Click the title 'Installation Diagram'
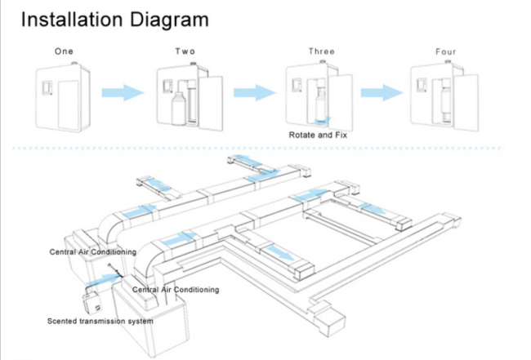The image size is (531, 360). pyautogui.click(x=114, y=19)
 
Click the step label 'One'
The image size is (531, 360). pyautogui.click(x=64, y=51)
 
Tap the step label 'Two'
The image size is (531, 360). pyautogui.click(x=185, y=51)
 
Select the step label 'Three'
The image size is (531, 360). pyautogui.click(x=321, y=51)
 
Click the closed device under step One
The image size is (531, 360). pyautogui.click(x=62, y=96)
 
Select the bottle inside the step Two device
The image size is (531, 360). pyautogui.click(x=176, y=109)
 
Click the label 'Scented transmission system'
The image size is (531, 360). pyautogui.click(x=100, y=321)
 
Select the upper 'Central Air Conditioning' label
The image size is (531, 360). pyautogui.click(x=91, y=252)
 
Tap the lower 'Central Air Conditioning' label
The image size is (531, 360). pyautogui.click(x=176, y=290)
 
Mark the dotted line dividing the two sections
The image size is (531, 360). pyautogui.click(x=265, y=149)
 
